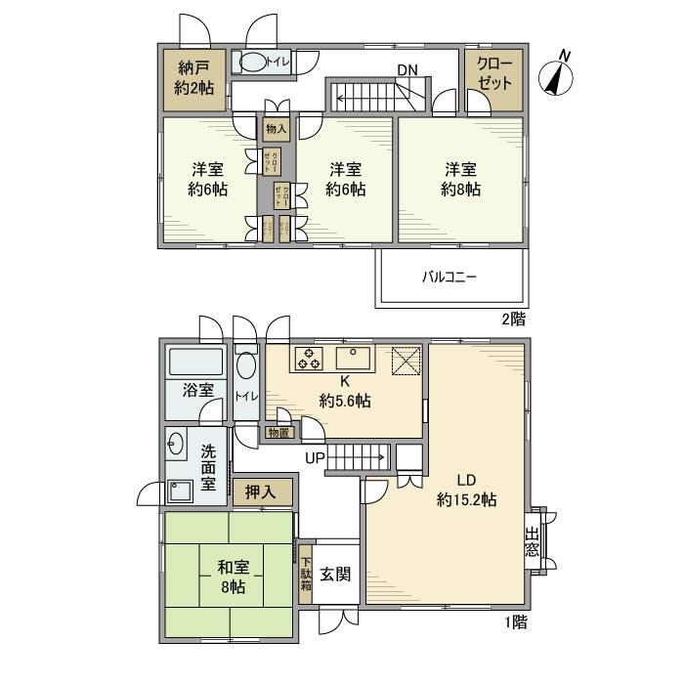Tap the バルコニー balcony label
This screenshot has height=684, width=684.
449,277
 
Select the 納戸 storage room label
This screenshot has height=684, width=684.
193,78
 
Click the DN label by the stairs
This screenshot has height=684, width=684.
407,70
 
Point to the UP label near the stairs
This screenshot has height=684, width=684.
316,457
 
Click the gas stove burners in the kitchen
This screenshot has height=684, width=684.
310,359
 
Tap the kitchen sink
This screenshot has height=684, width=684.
350,357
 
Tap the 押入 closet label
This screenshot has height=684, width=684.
260,492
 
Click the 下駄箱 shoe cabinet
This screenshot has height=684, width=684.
306,577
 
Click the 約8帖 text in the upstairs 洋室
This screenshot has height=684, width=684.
458,190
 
